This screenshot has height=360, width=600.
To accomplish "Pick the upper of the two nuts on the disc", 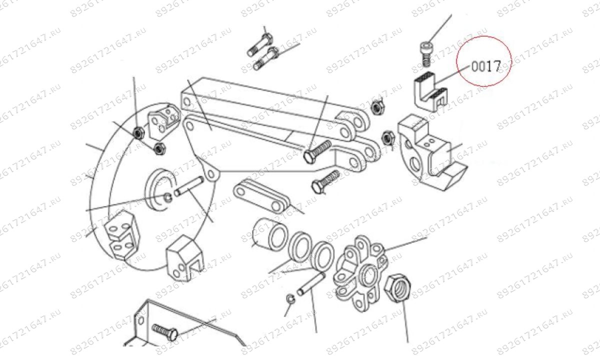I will click(138, 132).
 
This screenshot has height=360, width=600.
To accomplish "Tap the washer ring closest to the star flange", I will click(323, 253).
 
